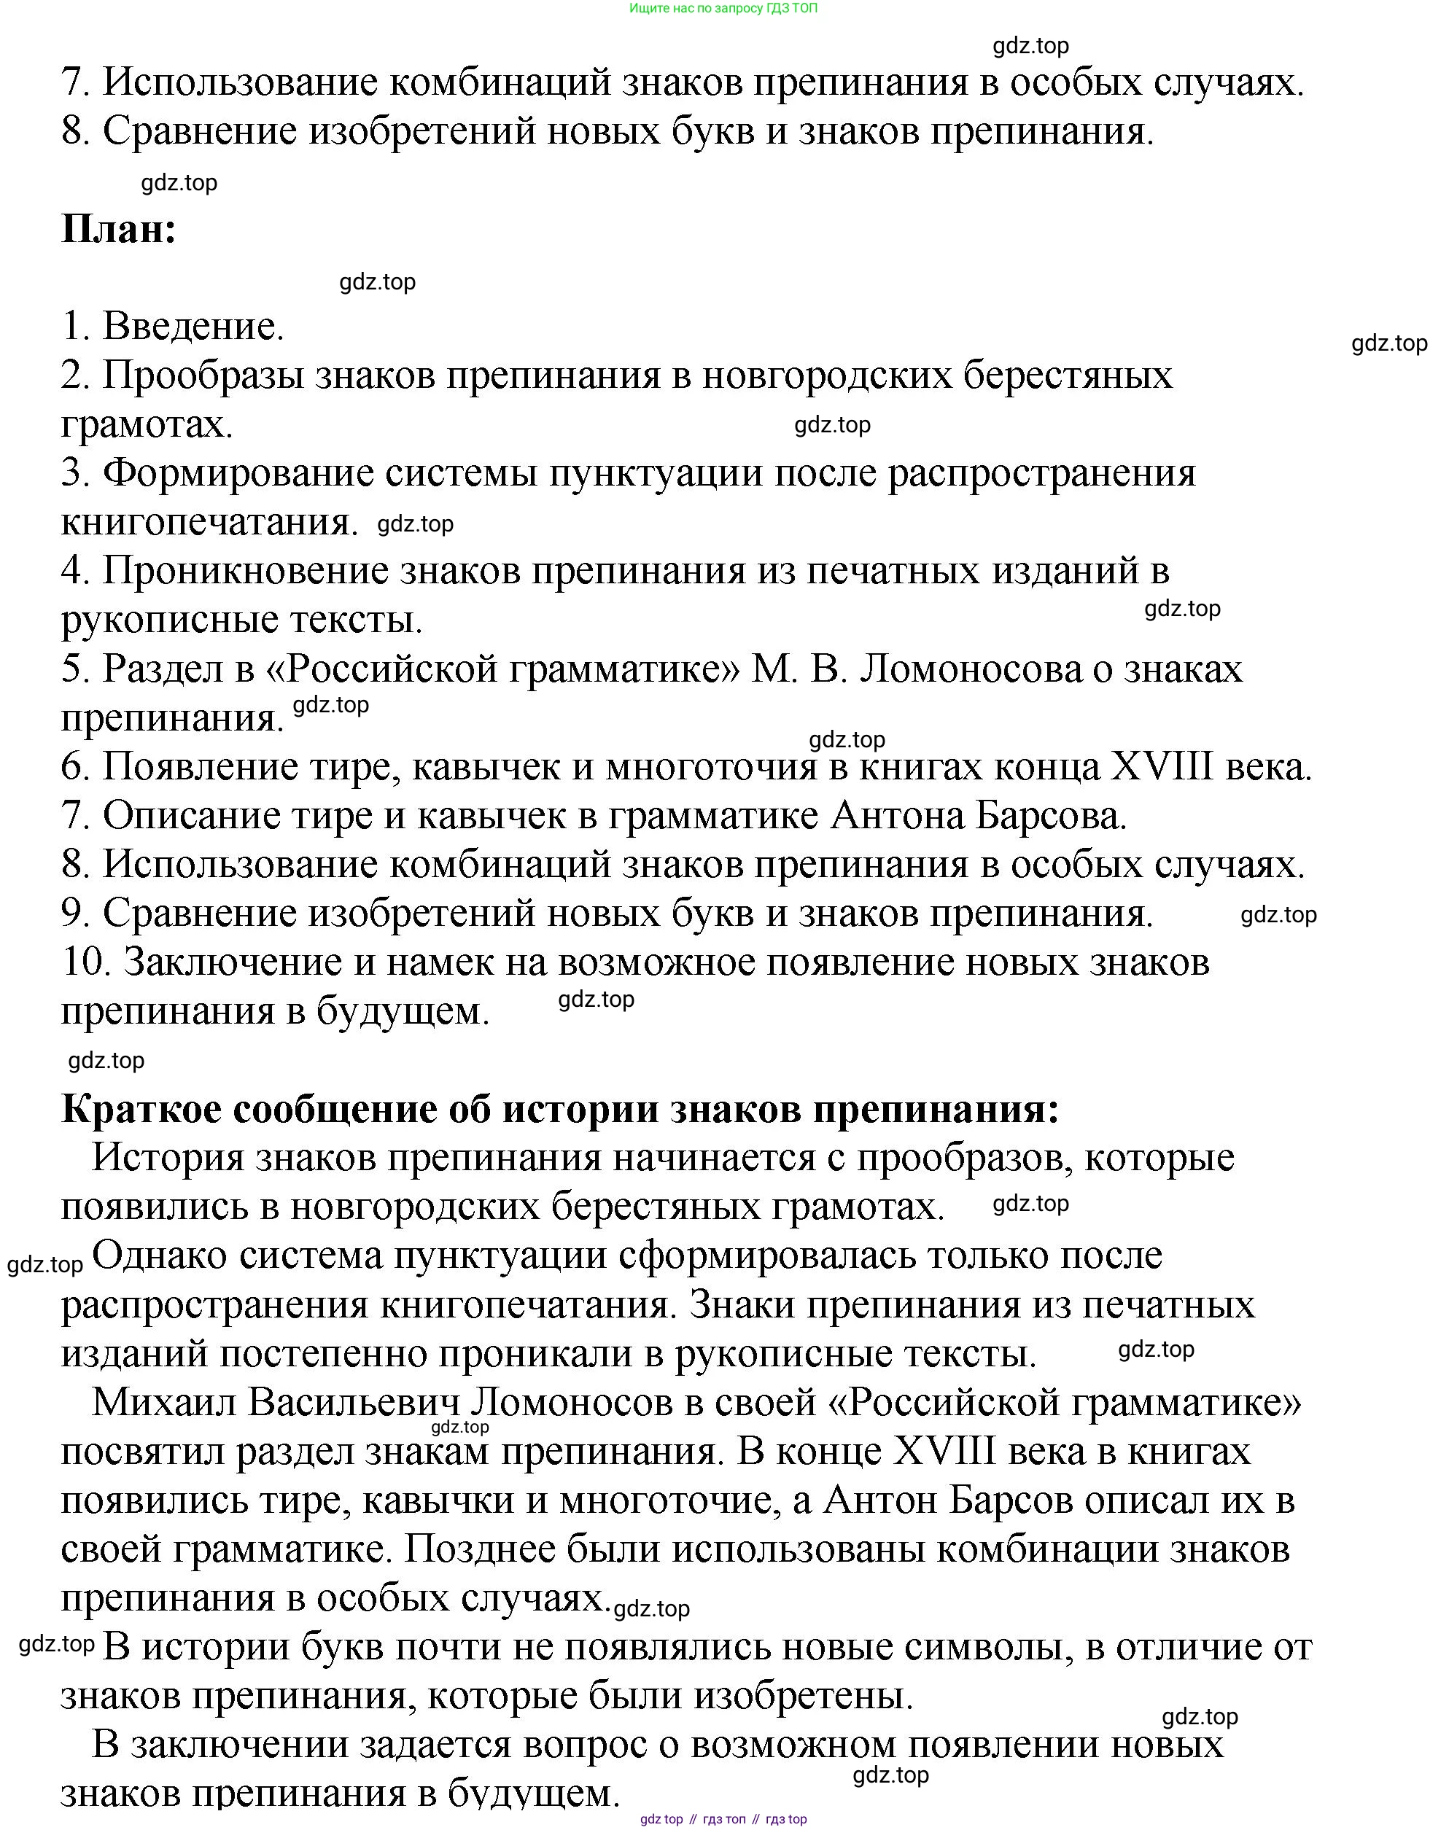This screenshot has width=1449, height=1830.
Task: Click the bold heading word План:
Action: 119,230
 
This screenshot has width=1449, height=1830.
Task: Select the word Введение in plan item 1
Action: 193,327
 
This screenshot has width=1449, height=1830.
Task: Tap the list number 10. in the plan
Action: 88,963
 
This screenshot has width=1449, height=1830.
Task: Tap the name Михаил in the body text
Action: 162,1403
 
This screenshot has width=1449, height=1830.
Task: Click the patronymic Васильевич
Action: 354,1403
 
